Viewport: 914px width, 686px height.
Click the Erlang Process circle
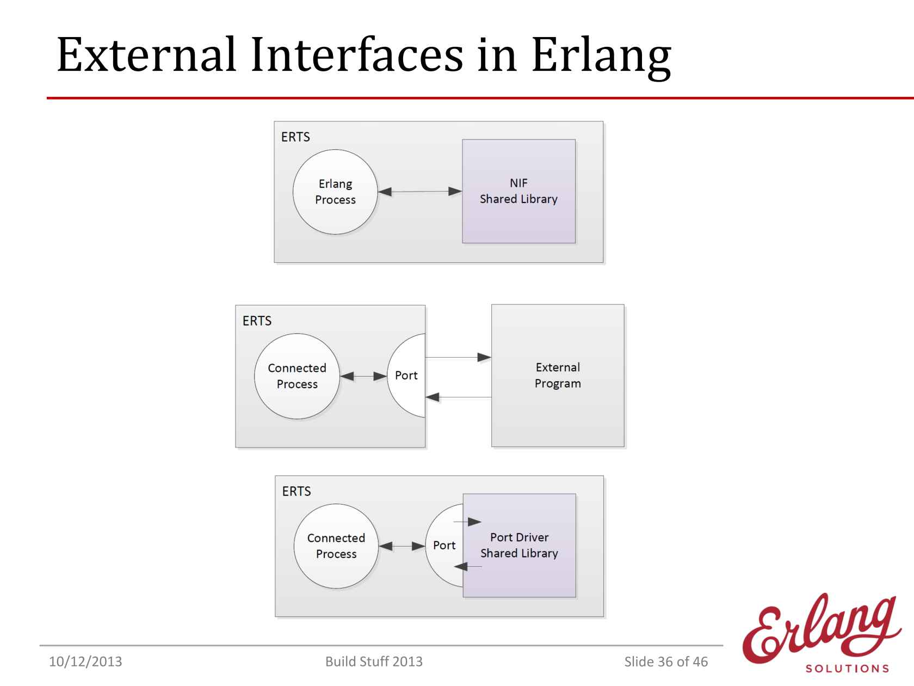coord(335,192)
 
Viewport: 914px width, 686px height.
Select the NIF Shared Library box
coord(519,191)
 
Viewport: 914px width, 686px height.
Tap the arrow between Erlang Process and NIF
coord(420,192)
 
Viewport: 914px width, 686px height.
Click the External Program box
coord(558,376)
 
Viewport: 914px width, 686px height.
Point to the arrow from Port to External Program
coord(458,357)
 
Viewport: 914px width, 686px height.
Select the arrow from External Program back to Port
coord(459,397)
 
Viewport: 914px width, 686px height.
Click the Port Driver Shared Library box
coord(520,546)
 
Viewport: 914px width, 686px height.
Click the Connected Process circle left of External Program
coord(297,376)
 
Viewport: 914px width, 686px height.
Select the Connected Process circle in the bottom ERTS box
coord(336,546)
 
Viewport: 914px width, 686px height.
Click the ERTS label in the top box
coord(295,137)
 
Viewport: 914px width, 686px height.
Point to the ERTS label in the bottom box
coord(297,492)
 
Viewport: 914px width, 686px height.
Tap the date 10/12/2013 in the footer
coord(85,661)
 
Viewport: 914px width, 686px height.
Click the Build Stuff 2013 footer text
coord(374,661)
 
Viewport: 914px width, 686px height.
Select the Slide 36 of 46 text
coord(666,661)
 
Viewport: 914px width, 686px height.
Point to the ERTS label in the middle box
coord(257,321)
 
